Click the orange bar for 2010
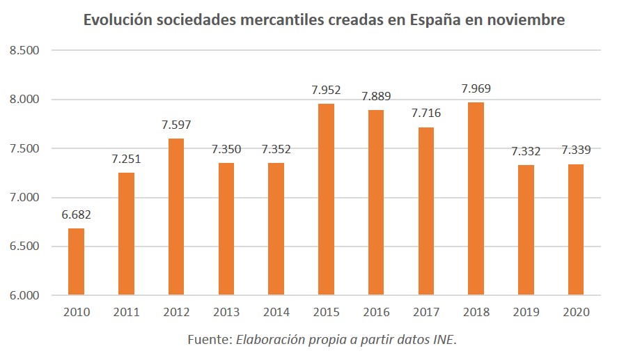click(76, 262)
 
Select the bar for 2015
click(326, 200)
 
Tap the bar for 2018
click(476, 199)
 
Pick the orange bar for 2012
click(175, 217)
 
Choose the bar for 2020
click(575, 230)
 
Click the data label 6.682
click(77, 214)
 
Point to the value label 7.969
click(476, 88)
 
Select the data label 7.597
click(176, 125)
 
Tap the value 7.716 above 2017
click(425, 113)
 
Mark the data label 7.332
click(526, 151)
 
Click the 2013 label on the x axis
click(226, 313)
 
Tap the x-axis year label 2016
click(375, 313)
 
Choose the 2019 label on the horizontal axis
click(526, 313)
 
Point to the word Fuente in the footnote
click(208, 340)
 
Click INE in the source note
click(444, 340)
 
